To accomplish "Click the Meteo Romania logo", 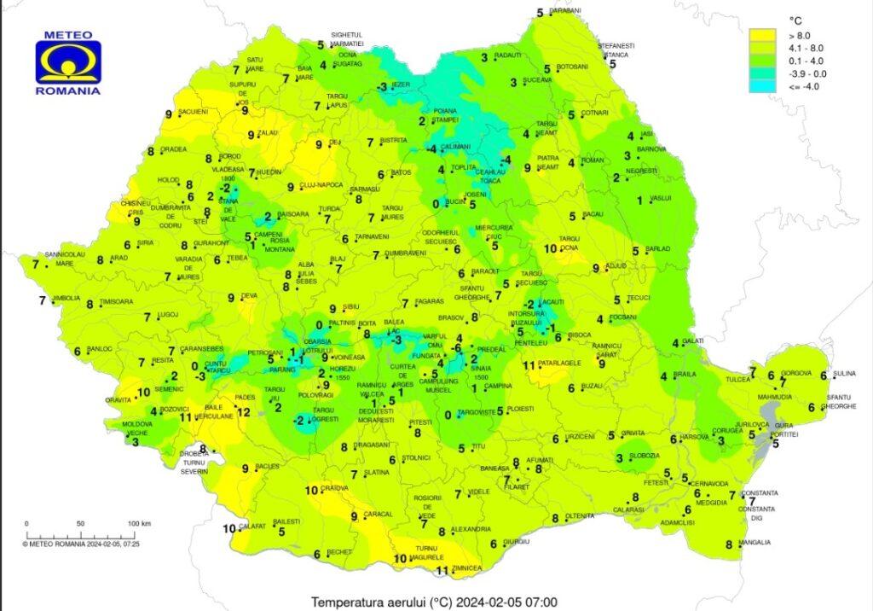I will tap(68, 64).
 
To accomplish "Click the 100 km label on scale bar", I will tap(139, 523).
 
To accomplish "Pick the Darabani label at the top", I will tap(564, 10).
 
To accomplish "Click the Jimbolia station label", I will tap(66, 299).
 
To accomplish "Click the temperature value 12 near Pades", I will tap(243, 412).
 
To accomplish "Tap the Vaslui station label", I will tap(662, 198).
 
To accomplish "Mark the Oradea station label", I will tap(173, 149).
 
